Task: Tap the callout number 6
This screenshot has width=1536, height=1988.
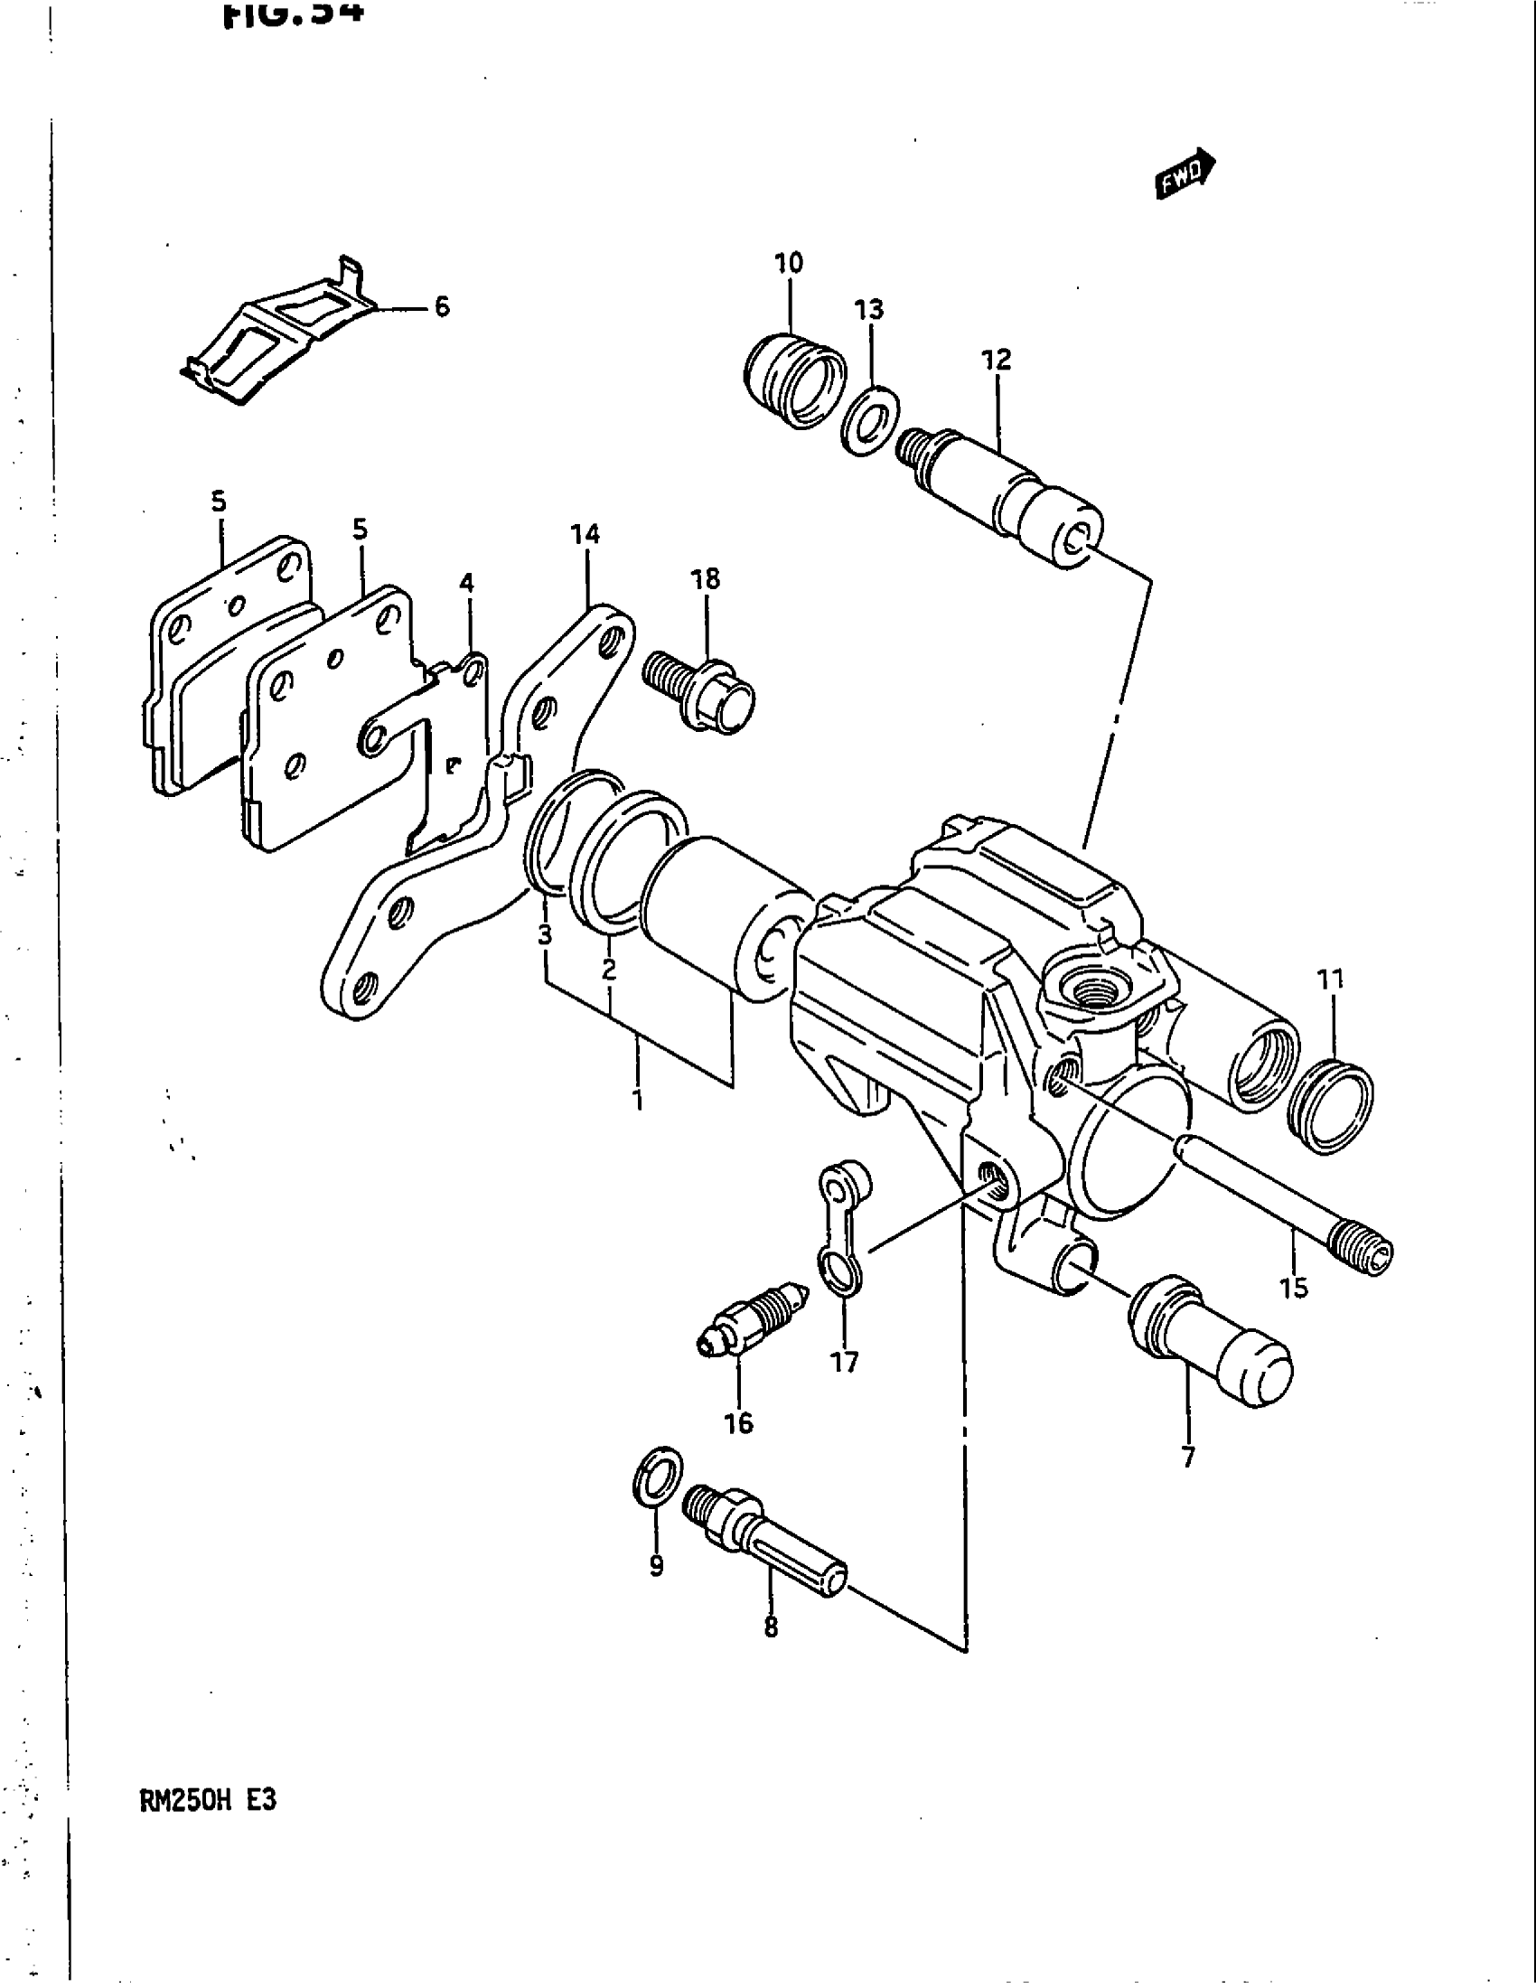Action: point(441,306)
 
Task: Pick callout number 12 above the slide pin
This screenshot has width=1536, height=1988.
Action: point(997,360)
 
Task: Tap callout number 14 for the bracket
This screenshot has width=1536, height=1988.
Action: point(585,534)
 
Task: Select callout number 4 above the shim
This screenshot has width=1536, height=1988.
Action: point(466,583)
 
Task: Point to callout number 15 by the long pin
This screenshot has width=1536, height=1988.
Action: point(1293,1287)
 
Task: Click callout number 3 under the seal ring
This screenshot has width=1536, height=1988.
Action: point(544,934)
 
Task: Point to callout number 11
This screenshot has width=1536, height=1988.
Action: point(1329,980)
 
